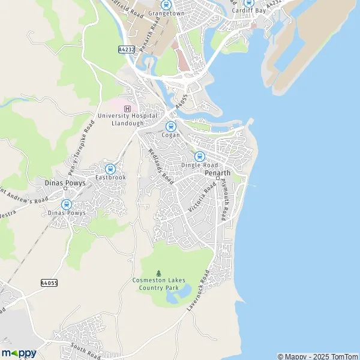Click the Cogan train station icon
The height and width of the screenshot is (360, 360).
point(170,127)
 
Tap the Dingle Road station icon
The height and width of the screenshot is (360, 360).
point(200,156)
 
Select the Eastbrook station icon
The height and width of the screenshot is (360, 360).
point(110,169)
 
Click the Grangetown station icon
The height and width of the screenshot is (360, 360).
point(167,4)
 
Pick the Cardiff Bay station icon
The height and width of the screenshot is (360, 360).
point(247,3)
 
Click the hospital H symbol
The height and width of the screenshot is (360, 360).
point(127,107)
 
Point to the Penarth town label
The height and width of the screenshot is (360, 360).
point(217,173)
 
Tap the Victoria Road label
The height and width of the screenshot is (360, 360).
point(202,198)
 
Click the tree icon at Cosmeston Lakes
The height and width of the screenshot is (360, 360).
point(158,274)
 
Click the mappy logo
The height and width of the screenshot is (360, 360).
point(19,353)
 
